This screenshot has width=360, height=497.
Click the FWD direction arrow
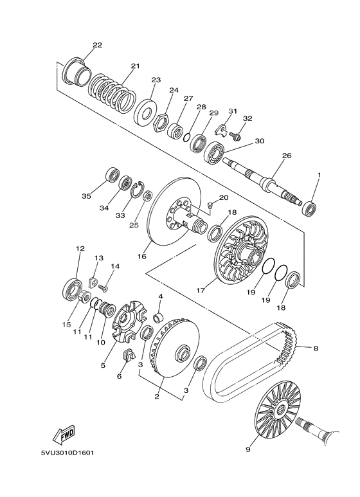click(x=64, y=433)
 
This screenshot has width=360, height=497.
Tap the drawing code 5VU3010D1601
click(x=67, y=453)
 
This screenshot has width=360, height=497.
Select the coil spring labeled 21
click(x=112, y=93)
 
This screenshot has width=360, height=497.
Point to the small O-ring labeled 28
click(x=187, y=137)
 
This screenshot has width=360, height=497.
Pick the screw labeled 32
click(x=236, y=136)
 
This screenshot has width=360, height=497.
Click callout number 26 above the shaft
click(x=287, y=156)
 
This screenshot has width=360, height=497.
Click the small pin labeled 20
click(x=209, y=206)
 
